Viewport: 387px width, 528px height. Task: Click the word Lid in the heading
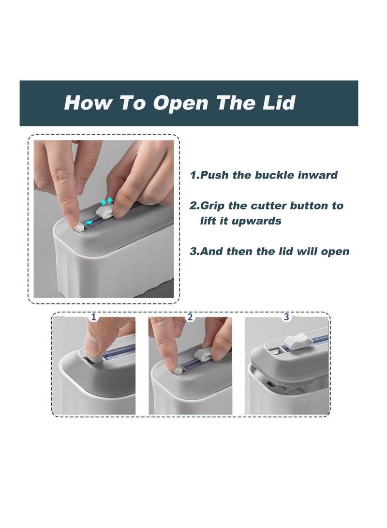point(279,103)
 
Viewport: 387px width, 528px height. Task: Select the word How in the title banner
point(87,103)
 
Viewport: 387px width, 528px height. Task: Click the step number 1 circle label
point(94,317)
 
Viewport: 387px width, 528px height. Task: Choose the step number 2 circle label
point(190,317)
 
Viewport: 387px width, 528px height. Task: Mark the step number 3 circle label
point(286,317)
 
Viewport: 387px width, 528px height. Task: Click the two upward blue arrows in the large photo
point(107,201)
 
